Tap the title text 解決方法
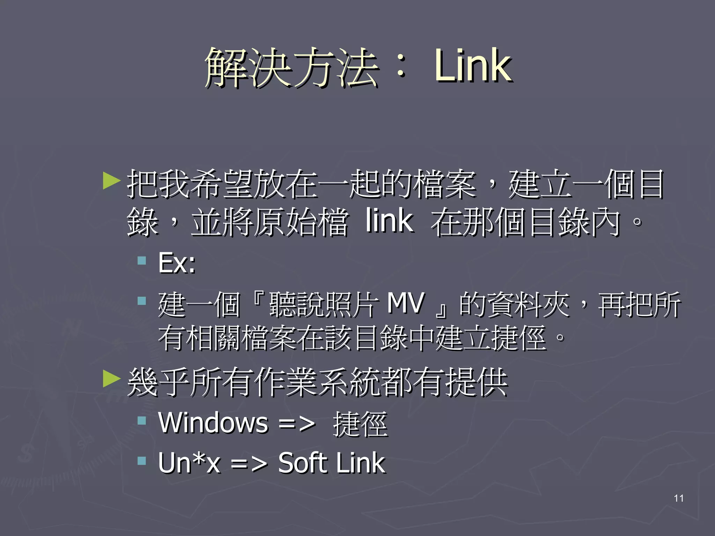click(292, 67)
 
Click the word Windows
click(213, 423)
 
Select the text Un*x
click(189, 463)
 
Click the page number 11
click(679, 498)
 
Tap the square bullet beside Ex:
click(142, 260)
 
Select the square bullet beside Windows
click(142, 420)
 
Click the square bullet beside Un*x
click(142, 461)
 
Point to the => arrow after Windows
click(297, 424)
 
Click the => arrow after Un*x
click(249, 464)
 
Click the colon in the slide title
click(401, 67)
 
